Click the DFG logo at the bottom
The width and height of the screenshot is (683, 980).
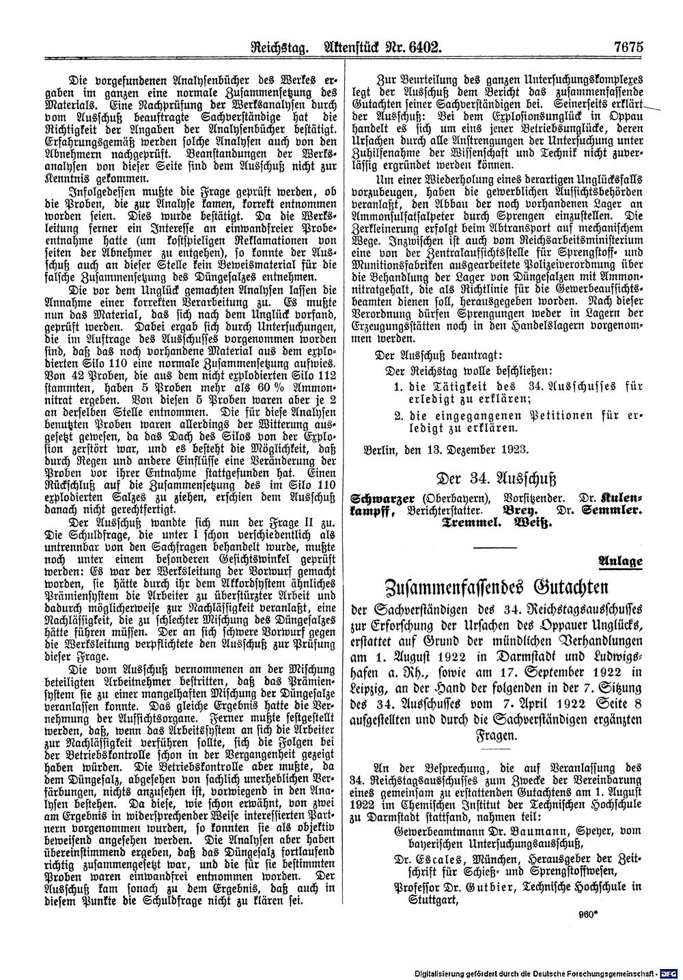point(669,972)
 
